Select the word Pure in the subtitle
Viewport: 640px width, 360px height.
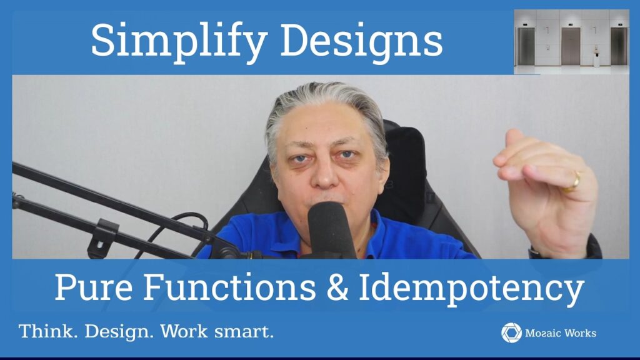pyautogui.click(x=94, y=287)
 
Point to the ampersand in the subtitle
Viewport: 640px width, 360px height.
pyautogui.click(x=337, y=287)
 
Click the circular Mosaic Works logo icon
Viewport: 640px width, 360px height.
pyautogui.click(x=511, y=332)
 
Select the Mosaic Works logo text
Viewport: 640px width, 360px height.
pyautogui.click(x=561, y=333)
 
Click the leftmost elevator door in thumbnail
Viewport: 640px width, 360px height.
pyautogui.click(x=526, y=46)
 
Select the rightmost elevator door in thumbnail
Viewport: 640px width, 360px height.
pyautogui.click(x=619, y=46)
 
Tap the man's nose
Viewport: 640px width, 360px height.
pyautogui.click(x=325, y=174)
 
